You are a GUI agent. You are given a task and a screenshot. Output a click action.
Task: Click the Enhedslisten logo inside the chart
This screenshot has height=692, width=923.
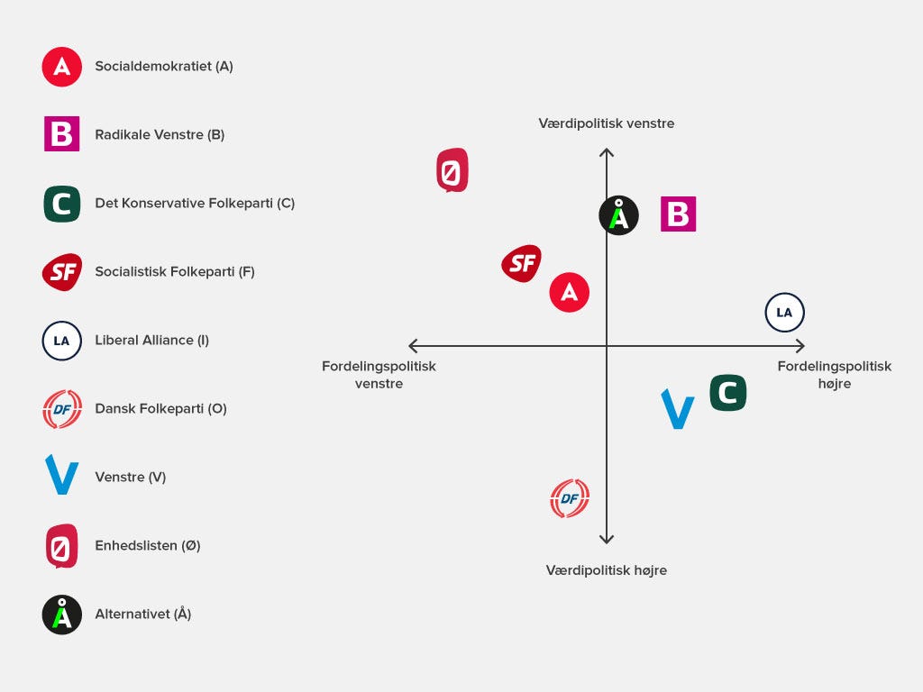(x=452, y=170)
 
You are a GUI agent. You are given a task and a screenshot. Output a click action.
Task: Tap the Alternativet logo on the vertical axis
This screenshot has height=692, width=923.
(x=619, y=215)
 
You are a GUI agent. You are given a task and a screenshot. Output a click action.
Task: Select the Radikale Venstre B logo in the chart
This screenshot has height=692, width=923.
(x=678, y=214)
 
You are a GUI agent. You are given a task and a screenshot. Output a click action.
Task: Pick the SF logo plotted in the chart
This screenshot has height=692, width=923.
(x=522, y=263)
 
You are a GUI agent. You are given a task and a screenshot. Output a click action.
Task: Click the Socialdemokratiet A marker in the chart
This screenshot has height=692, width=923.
(x=570, y=292)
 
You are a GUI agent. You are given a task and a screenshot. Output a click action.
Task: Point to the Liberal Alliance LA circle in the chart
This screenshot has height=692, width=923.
(x=784, y=313)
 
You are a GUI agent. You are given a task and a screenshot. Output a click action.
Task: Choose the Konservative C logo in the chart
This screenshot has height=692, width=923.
(x=728, y=393)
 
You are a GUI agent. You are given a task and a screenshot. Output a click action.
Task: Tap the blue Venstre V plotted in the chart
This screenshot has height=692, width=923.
(x=678, y=409)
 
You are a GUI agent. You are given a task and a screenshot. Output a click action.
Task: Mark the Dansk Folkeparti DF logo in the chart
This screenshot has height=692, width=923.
(x=570, y=498)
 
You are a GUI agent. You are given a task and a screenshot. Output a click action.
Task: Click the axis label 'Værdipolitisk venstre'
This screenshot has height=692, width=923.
(x=607, y=123)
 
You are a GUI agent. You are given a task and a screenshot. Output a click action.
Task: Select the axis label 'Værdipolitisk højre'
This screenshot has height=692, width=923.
(x=607, y=570)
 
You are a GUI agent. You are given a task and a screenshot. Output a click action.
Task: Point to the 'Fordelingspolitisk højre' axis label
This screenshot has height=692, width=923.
(x=835, y=375)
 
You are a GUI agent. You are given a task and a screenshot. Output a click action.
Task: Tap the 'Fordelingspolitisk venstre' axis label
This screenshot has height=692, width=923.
(x=379, y=375)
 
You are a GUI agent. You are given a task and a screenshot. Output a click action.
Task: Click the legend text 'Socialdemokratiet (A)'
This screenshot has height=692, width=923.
(x=164, y=66)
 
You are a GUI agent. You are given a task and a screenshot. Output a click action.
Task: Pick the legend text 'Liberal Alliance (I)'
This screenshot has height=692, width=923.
(x=151, y=340)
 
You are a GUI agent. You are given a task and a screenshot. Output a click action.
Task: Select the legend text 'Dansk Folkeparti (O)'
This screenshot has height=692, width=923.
(x=160, y=408)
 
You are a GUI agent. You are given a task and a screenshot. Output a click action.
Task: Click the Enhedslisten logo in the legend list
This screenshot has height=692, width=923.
(x=62, y=545)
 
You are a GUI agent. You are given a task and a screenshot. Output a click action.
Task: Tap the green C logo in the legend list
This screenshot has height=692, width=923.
(x=62, y=204)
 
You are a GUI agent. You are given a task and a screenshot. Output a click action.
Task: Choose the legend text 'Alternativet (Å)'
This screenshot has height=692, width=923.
(x=142, y=614)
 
